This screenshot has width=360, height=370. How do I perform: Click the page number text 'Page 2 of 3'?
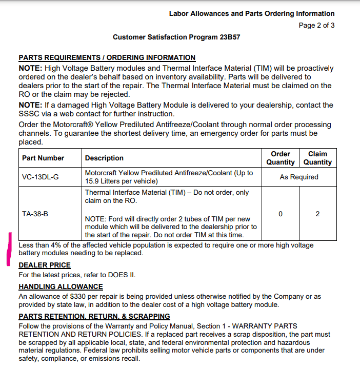click(316, 25)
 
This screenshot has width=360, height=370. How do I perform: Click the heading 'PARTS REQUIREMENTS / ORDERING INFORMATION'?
click(107, 58)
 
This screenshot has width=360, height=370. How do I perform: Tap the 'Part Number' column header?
click(43, 158)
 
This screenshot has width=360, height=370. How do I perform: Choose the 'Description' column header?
click(104, 158)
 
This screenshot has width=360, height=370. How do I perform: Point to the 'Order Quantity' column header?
click(281, 158)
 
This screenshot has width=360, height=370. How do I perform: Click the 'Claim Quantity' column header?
click(317, 158)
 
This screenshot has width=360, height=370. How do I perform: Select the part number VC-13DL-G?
click(41, 177)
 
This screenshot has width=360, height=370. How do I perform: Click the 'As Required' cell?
click(299, 177)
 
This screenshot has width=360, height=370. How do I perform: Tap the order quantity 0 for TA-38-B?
click(281, 214)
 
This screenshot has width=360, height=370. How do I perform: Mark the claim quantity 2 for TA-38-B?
click(317, 214)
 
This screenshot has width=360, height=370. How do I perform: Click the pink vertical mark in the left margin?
click(9, 249)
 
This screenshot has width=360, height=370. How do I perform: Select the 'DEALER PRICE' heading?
click(45, 265)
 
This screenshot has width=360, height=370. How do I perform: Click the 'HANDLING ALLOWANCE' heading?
click(61, 287)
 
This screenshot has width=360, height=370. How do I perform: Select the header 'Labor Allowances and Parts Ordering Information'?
click(252, 14)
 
